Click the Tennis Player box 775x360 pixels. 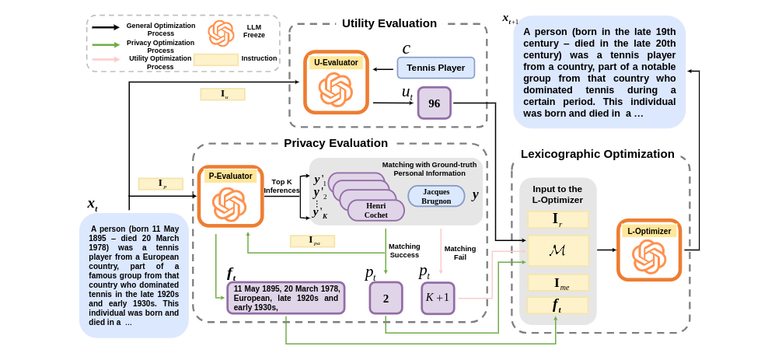click(435, 68)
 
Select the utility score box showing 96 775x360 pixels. click(434, 103)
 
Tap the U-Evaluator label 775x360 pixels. click(336, 62)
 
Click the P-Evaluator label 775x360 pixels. click(230, 176)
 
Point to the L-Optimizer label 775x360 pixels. click(649, 231)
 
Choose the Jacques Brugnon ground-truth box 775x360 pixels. click(436, 196)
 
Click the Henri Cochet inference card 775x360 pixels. click(375, 210)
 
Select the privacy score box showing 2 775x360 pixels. click(386, 298)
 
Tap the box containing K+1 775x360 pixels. click(437, 298)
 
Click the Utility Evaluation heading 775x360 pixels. click(389, 23)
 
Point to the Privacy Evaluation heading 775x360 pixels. click(335, 143)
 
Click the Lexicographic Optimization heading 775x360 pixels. click(597, 154)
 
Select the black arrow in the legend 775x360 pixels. click(106, 27)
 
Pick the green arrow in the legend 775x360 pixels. click(106, 44)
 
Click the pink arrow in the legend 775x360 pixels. click(106, 60)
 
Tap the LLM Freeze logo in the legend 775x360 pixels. click(221, 33)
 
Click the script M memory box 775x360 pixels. click(557, 250)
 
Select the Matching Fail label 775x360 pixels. click(460, 253)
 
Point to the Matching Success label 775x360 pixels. click(403, 250)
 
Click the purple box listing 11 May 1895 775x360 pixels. click(285, 298)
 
